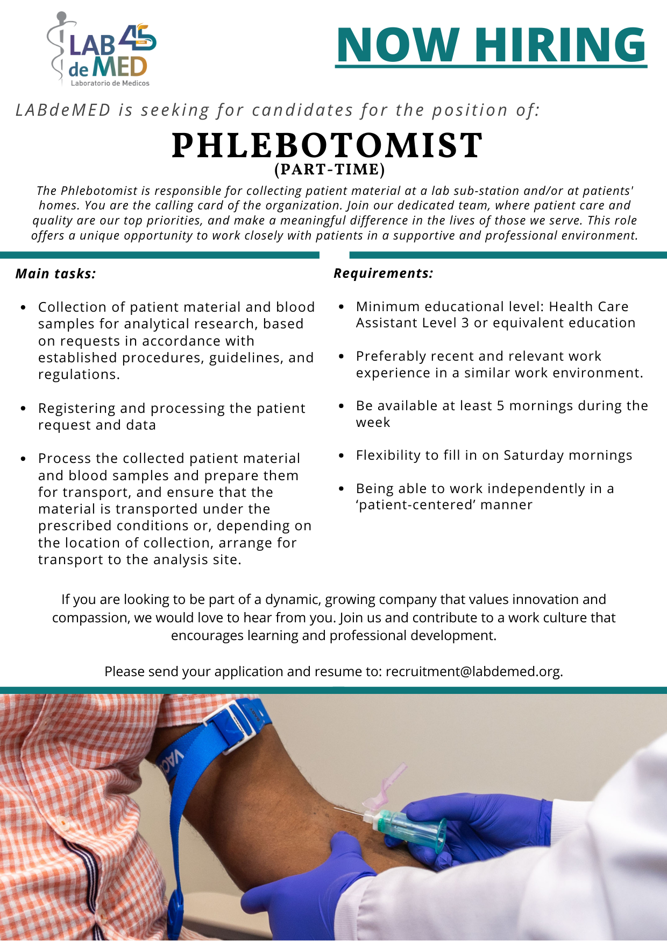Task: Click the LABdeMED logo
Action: pyautogui.click(x=102, y=51)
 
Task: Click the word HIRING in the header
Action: pyautogui.click(x=560, y=45)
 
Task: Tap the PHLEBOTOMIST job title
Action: pyautogui.click(x=327, y=145)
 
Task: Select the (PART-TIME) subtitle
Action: pyautogui.click(x=330, y=170)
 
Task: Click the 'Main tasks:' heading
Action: pyautogui.click(x=55, y=274)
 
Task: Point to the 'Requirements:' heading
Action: pyautogui.click(x=383, y=273)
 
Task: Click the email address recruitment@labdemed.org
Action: pyautogui.click(x=473, y=672)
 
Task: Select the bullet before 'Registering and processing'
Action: pyautogui.click(x=23, y=409)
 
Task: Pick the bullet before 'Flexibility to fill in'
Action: pyautogui.click(x=341, y=456)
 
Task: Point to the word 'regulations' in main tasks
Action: pyautogui.click(x=77, y=375)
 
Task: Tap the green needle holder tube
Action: pyautogui.click(x=414, y=826)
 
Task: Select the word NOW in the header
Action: pyautogui.click(x=398, y=45)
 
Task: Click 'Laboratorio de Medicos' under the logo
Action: pyautogui.click(x=110, y=83)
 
